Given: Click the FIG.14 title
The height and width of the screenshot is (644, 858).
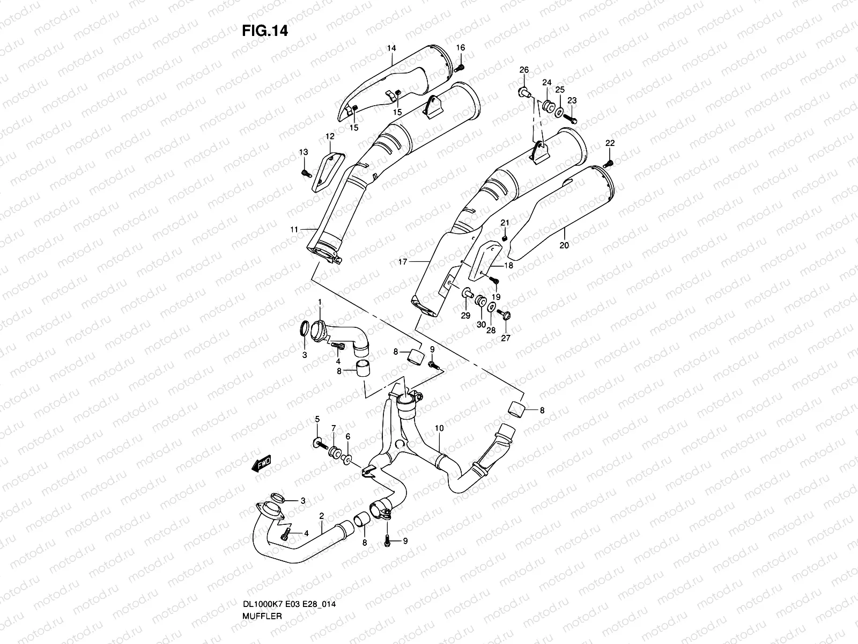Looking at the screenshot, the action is coord(264,31).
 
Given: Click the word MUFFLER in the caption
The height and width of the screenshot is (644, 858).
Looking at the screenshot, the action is coord(262,616).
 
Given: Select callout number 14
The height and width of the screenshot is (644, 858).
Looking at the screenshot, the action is coord(391,48).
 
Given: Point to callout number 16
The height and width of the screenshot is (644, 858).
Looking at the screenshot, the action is coord(461,48).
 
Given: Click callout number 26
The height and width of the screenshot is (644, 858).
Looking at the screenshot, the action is coord(524,70).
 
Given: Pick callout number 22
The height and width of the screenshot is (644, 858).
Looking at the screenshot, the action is coord(610,143).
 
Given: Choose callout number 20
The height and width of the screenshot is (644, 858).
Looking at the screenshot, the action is coord(564,245).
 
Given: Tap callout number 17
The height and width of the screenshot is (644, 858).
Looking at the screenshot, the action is coord(403,262).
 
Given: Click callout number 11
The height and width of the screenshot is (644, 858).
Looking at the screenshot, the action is coord(294,230).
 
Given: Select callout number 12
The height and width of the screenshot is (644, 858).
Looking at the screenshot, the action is coord(330,136).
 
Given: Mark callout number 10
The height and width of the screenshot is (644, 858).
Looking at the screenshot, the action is coord(439,428).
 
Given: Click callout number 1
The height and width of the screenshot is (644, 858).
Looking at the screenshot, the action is coord(320,302).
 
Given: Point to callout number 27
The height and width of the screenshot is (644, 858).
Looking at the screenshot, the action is coord(506,338).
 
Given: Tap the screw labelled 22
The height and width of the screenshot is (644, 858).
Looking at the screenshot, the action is coord(610,163).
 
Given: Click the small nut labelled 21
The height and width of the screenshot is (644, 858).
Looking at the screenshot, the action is coord(504,237).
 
